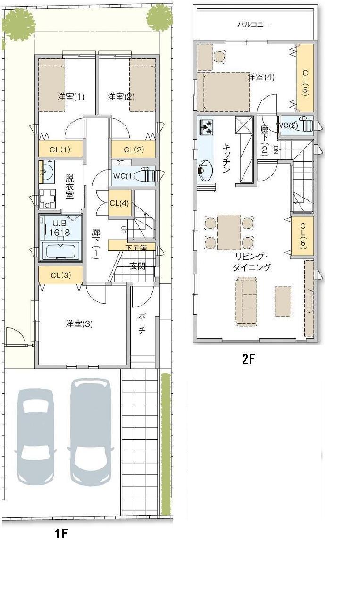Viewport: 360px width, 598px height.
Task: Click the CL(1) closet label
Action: (60, 150)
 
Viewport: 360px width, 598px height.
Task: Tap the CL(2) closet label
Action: (133, 150)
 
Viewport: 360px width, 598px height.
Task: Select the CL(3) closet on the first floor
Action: (60, 275)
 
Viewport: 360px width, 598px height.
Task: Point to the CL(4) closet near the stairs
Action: (119, 204)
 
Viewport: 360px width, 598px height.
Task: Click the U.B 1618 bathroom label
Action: (61, 228)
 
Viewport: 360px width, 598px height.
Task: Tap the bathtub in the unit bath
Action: (60, 250)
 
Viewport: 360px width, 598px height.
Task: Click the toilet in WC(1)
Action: (147, 175)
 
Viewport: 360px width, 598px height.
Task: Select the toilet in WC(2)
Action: (305, 125)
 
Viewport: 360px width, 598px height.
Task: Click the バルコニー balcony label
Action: (254, 25)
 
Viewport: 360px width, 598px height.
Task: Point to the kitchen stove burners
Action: (207, 126)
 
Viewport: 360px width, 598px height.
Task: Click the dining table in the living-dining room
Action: (229, 232)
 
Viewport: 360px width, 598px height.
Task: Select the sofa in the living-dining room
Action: (246, 301)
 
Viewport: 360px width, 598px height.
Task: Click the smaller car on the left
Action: (35, 436)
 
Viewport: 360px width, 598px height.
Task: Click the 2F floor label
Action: (248, 358)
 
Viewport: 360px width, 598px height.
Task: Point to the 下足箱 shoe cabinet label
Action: (136, 247)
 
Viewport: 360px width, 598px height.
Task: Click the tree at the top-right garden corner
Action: (159, 18)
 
